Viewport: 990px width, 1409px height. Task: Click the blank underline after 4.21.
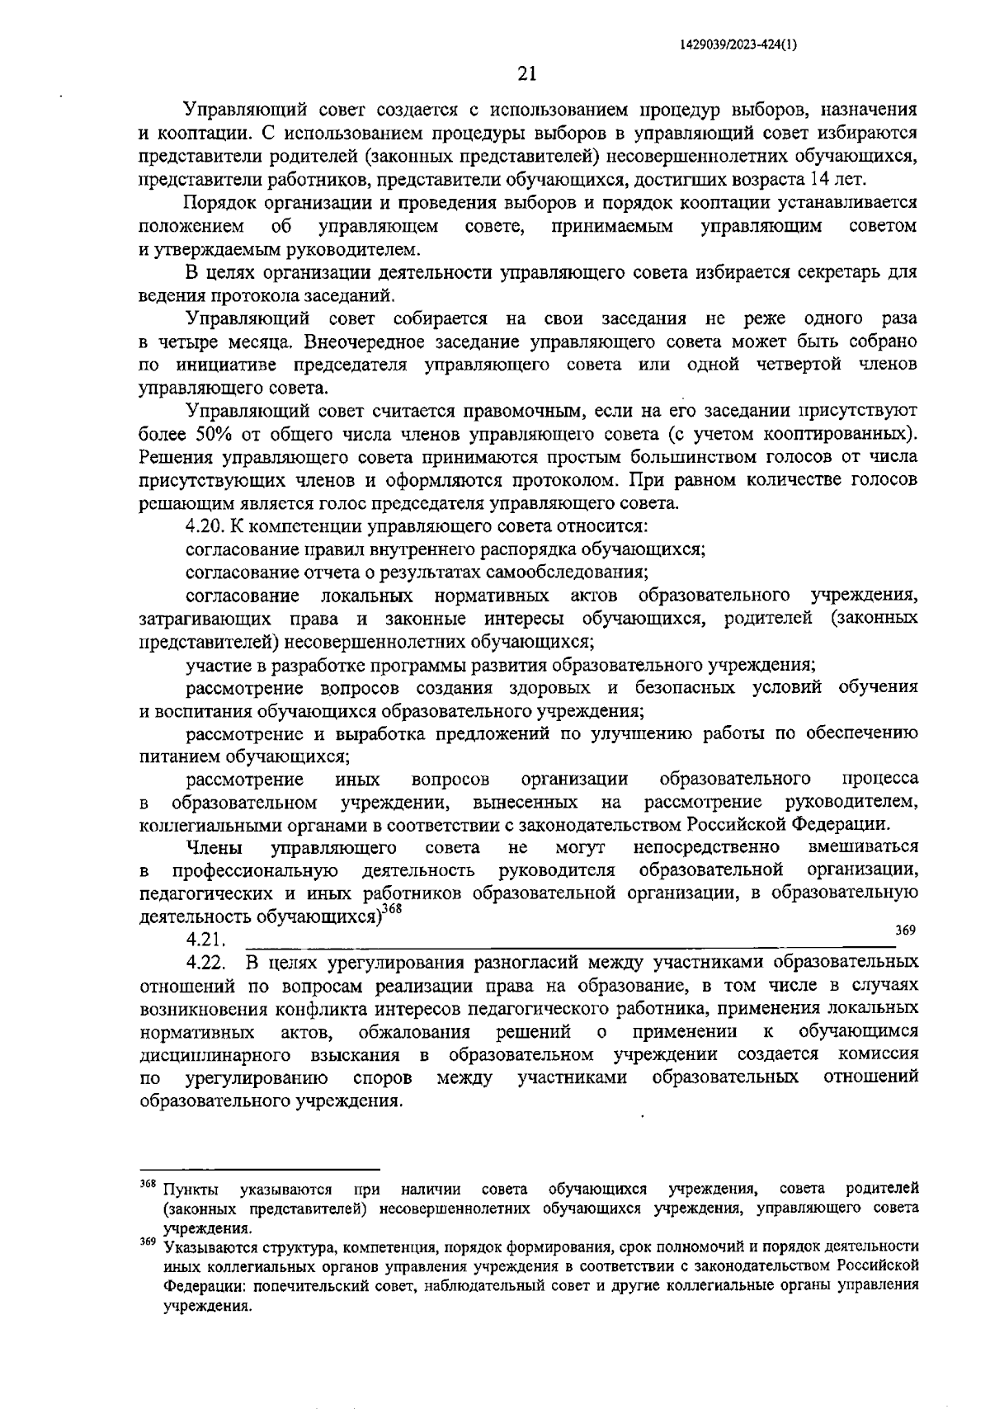[569, 942]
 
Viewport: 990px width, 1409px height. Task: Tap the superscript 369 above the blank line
[906, 930]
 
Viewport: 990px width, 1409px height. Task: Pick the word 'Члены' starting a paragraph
[214, 847]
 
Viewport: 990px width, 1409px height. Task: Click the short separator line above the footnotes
[260, 1169]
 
